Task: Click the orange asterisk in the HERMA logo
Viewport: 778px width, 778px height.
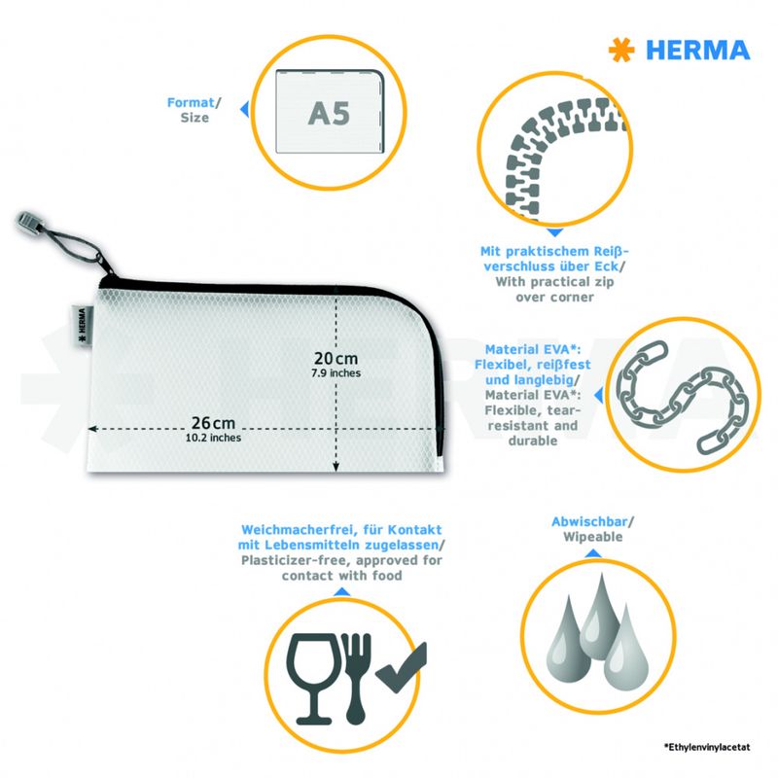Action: [x=621, y=51]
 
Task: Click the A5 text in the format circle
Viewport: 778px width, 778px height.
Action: [x=329, y=114]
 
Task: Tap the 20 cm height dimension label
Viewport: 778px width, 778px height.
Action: [x=336, y=358]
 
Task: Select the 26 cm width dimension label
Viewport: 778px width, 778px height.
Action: [x=213, y=423]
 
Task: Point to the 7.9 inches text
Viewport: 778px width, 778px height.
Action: [x=336, y=373]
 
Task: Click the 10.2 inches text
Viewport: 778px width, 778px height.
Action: [x=213, y=438]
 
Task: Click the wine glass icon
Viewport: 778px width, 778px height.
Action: [x=312, y=678]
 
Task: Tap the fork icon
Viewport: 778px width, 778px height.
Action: [x=356, y=678]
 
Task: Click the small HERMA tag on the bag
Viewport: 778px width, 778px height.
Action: [x=83, y=326]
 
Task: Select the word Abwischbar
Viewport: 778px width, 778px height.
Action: [x=589, y=521]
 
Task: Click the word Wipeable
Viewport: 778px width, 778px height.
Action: [x=593, y=537]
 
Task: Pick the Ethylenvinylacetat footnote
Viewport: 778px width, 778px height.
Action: [x=707, y=747]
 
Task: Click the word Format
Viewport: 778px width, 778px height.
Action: [x=191, y=102]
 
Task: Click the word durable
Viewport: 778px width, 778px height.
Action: [x=533, y=441]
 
